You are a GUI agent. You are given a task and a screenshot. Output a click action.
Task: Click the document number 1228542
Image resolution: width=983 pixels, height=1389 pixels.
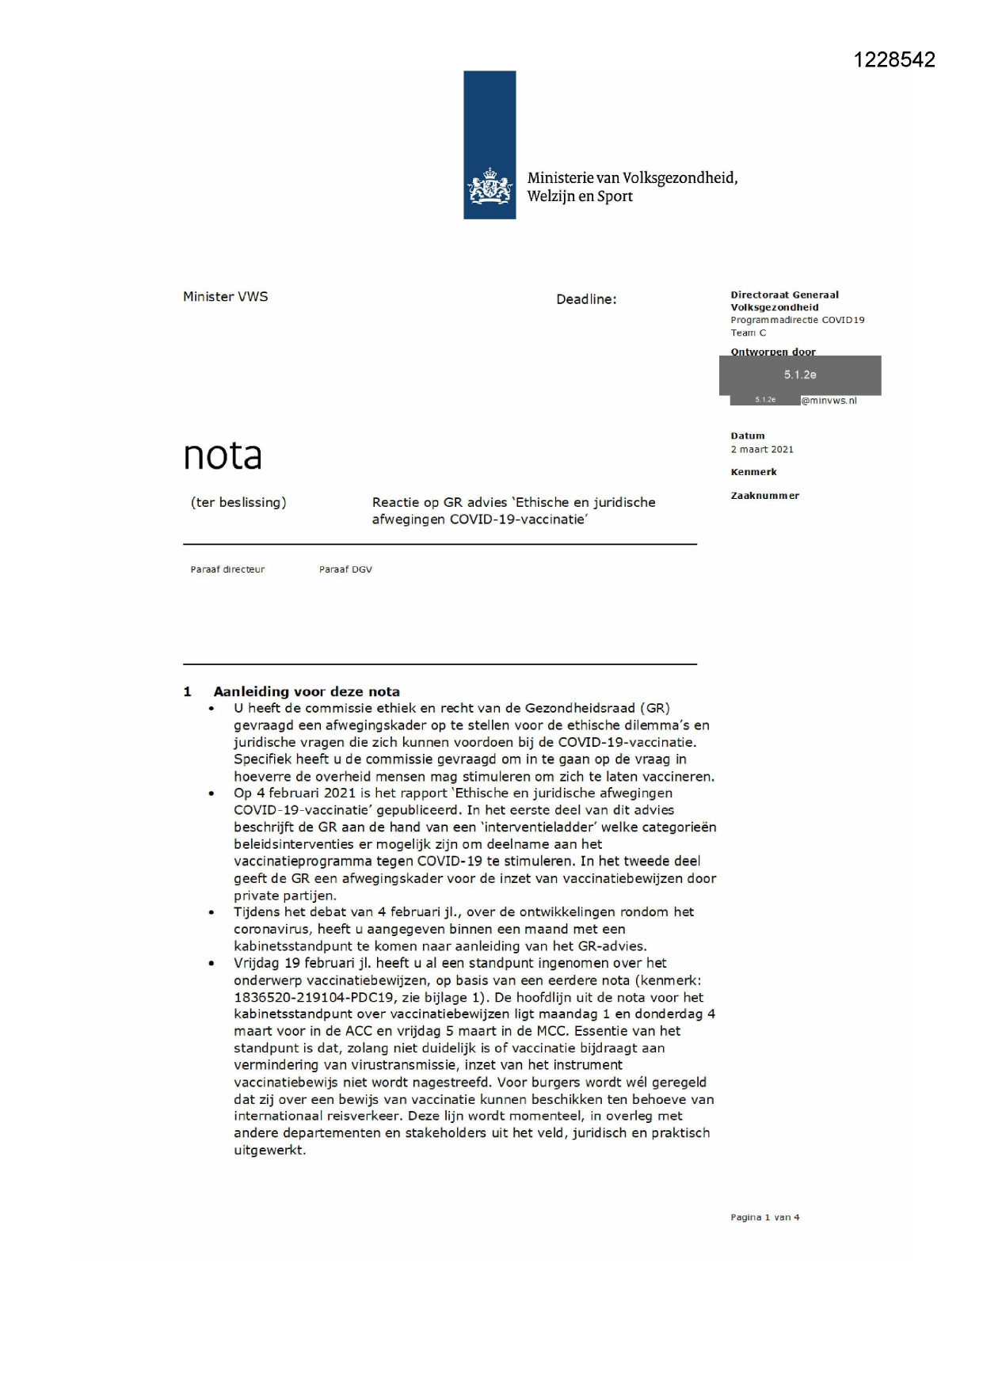(894, 60)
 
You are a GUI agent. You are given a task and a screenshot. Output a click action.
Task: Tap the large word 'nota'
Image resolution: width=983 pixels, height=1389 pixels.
(223, 455)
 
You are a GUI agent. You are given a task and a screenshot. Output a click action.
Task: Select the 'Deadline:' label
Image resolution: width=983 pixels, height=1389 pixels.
(586, 299)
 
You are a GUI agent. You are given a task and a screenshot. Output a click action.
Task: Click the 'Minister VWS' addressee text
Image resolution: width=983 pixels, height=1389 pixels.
(226, 297)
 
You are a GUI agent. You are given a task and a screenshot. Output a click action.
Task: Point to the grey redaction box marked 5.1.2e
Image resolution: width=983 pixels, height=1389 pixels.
(800, 375)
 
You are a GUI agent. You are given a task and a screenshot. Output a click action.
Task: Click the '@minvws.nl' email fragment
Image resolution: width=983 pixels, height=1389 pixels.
(829, 401)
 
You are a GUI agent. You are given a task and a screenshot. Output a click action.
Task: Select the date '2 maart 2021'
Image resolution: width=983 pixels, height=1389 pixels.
(762, 450)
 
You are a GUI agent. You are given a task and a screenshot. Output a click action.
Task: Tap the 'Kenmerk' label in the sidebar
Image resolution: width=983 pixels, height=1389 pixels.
(753, 472)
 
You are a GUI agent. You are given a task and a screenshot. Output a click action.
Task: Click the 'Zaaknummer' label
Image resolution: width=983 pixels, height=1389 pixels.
(764, 496)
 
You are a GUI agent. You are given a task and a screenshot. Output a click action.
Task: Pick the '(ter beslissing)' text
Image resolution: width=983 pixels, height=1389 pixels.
(238, 502)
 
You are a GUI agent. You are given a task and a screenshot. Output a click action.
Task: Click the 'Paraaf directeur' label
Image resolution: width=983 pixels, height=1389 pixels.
(227, 569)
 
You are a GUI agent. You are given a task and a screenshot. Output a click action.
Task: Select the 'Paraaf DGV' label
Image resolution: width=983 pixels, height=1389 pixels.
(345, 569)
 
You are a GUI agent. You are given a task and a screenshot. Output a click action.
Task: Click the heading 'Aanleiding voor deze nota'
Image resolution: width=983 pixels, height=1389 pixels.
(307, 691)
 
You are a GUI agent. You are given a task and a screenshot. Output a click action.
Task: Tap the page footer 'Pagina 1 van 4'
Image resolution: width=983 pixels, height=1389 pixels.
(764, 1217)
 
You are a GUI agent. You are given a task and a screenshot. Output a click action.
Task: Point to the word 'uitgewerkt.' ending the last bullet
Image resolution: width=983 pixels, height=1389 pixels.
(269, 1150)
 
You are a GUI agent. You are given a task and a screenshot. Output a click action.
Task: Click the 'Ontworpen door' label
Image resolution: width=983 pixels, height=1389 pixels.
(772, 352)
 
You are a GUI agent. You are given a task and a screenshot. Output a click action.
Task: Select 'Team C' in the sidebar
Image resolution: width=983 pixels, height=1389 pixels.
(749, 333)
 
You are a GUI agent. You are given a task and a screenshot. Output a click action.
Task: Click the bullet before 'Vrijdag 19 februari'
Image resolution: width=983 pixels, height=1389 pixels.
(211, 964)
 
